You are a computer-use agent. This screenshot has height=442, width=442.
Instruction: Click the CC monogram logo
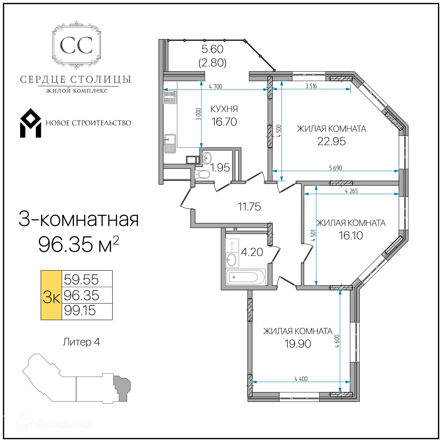(x=76, y=45)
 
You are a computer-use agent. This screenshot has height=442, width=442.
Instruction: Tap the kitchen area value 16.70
(x=224, y=122)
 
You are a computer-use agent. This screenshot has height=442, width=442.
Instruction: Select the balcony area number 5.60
(x=212, y=49)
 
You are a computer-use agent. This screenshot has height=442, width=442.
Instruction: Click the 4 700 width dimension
(x=215, y=86)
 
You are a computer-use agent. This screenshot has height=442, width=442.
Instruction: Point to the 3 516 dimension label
(x=311, y=86)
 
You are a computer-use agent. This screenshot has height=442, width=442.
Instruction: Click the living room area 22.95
(x=331, y=141)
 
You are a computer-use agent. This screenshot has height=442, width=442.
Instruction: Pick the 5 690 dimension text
(x=335, y=168)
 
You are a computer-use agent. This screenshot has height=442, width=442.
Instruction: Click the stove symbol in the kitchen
(x=170, y=97)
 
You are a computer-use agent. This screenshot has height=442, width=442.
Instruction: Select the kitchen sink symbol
(x=170, y=143)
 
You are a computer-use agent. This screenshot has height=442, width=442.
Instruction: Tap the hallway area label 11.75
(x=249, y=207)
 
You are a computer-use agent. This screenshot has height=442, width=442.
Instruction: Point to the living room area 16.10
(x=351, y=236)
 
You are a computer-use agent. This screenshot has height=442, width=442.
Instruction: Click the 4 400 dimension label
(x=301, y=379)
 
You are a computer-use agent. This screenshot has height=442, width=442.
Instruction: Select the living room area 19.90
(x=298, y=344)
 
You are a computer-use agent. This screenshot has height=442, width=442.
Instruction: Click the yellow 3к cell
(x=51, y=295)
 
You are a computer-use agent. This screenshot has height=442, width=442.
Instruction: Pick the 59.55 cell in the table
(x=81, y=279)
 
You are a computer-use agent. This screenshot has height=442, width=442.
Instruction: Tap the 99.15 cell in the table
(x=80, y=311)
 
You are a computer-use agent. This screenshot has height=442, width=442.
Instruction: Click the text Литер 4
(x=81, y=342)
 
